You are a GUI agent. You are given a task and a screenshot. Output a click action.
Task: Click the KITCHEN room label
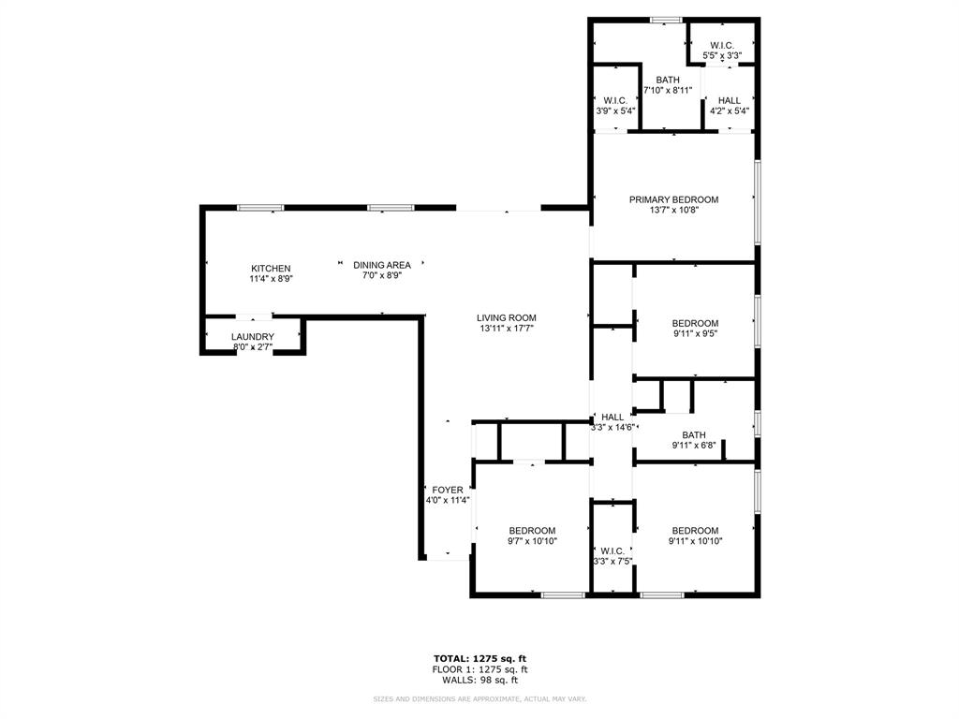click(271, 269)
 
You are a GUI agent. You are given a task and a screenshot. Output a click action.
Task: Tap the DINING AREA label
click(381, 265)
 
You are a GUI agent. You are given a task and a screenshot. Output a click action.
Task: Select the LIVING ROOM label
click(507, 317)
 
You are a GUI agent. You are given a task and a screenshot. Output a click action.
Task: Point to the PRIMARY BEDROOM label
click(673, 199)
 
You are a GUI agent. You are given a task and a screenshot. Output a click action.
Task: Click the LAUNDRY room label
click(253, 337)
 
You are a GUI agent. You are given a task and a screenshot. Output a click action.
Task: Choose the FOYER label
click(448, 490)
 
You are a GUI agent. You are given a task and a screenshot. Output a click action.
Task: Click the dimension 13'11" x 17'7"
click(507, 329)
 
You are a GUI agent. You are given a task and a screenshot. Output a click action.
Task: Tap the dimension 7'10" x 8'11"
click(668, 91)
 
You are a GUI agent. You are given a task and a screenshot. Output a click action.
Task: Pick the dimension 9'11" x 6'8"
click(694, 446)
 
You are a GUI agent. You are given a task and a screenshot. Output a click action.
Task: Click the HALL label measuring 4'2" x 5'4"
click(730, 100)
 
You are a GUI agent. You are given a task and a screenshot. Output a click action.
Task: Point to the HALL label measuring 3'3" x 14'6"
click(612, 417)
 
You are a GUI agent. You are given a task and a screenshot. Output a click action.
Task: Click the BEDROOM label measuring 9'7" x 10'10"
click(532, 531)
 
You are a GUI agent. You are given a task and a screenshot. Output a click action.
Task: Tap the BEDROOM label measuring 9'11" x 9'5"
click(695, 324)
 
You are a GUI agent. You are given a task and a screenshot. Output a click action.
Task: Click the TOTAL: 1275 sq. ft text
click(479, 658)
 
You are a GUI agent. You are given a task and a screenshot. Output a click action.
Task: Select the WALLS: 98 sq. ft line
click(479, 681)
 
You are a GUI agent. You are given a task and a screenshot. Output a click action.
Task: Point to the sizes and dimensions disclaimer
click(479, 699)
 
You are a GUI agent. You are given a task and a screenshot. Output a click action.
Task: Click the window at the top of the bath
click(666, 20)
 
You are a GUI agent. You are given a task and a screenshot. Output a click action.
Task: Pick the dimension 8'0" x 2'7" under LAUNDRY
click(253, 348)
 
